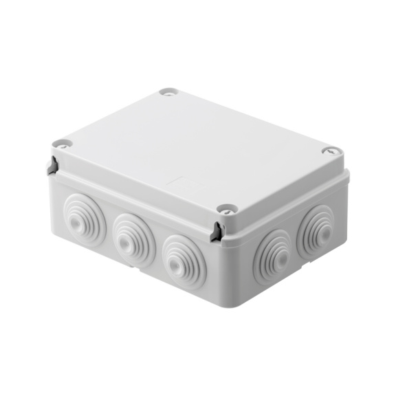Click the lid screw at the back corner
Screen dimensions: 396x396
click(168, 91)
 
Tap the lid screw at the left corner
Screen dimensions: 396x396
click(63, 144)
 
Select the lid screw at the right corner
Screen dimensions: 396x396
click(330, 151)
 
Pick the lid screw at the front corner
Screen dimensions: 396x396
click(225, 208)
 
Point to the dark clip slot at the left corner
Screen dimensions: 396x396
click(52, 166)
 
